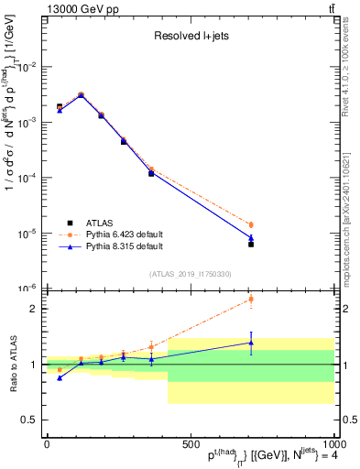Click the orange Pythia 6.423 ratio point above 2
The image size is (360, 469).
tap(251, 299)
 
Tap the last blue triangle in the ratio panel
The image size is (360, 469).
tap(251, 343)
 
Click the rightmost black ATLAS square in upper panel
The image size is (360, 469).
tap(251, 245)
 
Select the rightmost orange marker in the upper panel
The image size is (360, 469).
tap(251, 224)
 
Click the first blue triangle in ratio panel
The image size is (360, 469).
tap(60, 377)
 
